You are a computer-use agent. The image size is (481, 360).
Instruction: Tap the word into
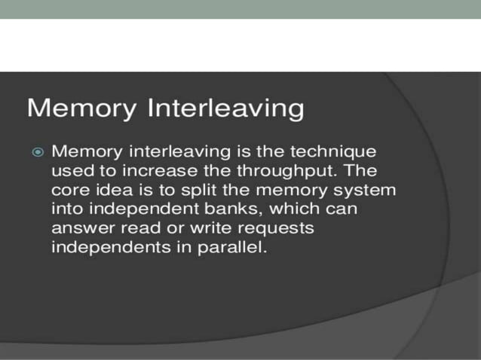tap(66, 209)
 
